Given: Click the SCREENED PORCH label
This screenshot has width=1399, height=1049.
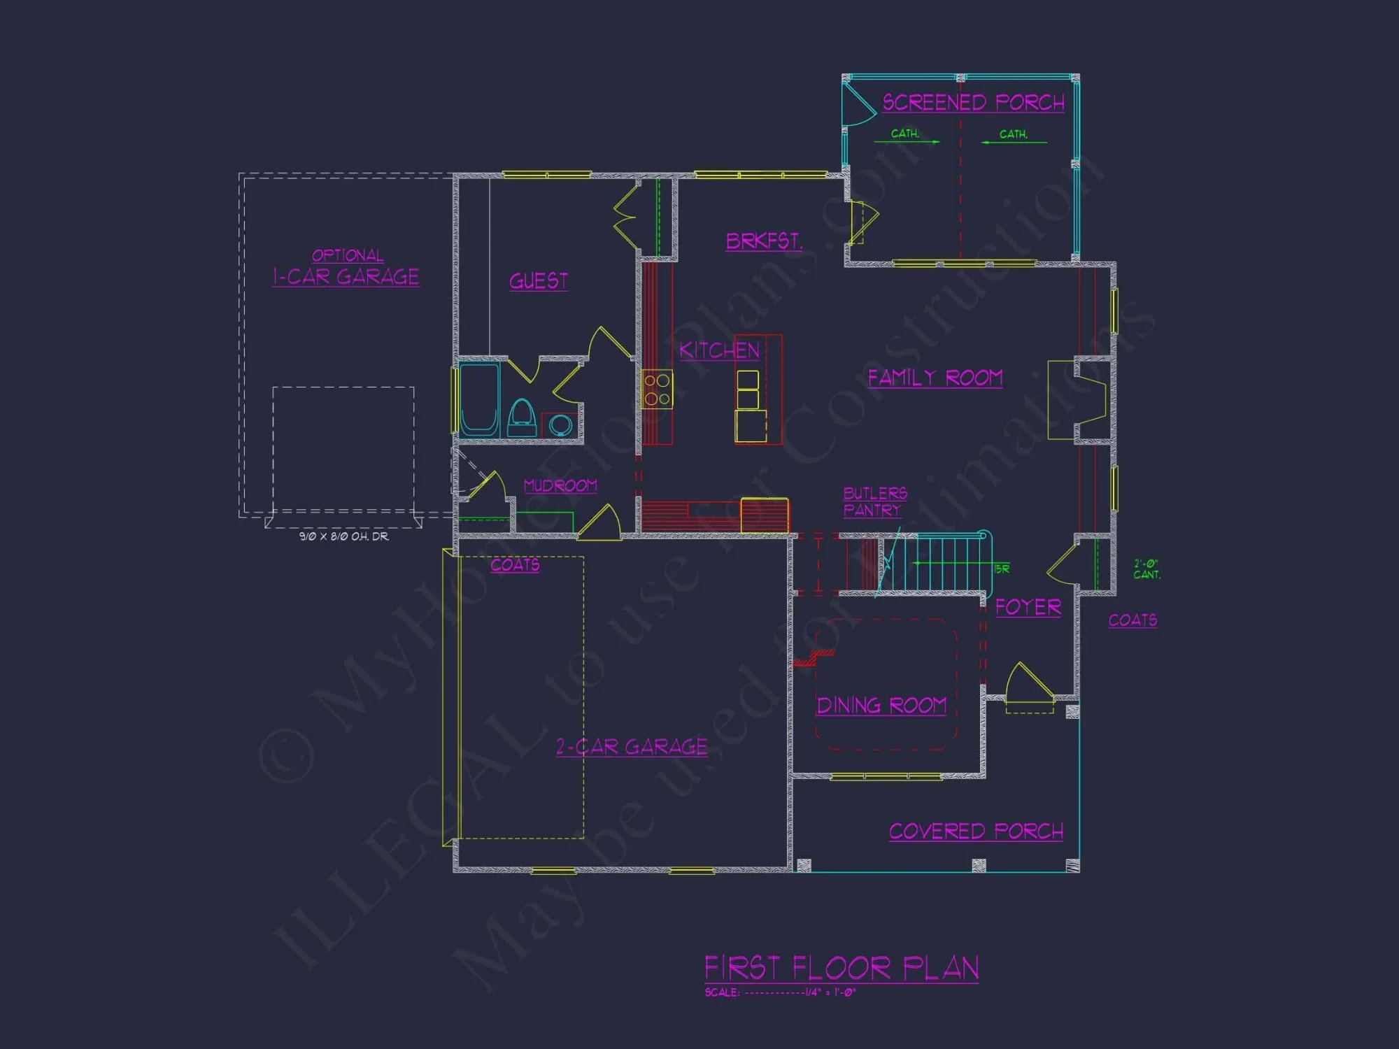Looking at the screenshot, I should (x=973, y=103).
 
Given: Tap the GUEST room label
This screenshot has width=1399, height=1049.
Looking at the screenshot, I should (x=538, y=281).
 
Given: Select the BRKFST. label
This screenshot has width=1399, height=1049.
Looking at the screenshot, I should (x=764, y=241).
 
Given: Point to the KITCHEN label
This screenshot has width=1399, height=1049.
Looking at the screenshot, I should (x=719, y=350).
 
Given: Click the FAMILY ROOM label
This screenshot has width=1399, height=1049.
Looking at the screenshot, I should (x=935, y=378).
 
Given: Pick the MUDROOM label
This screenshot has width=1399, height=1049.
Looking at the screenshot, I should (x=560, y=485).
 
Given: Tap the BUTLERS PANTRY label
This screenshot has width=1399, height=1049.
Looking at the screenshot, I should (x=874, y=502).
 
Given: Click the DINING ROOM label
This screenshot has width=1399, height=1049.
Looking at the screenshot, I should (x=881, y=706).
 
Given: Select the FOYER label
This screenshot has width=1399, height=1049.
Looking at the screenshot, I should (x=1028, y=607).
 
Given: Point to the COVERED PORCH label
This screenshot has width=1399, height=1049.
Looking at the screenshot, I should (x=976, y=832).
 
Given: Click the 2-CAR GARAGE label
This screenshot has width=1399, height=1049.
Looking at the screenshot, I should (x=631, y=747).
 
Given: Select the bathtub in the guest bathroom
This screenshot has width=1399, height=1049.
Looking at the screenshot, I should (x=479, y=399).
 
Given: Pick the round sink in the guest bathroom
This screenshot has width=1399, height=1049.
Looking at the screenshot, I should (x=560, y=424).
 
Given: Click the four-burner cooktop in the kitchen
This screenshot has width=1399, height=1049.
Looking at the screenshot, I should (x=657, y=390).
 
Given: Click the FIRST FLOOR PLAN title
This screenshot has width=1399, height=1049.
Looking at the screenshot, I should (x=841, y=969).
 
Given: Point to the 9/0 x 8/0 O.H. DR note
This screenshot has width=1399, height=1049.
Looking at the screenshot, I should (x=344, y=536).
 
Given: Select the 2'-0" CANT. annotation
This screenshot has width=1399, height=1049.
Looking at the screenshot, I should (x=1146, y=569).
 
